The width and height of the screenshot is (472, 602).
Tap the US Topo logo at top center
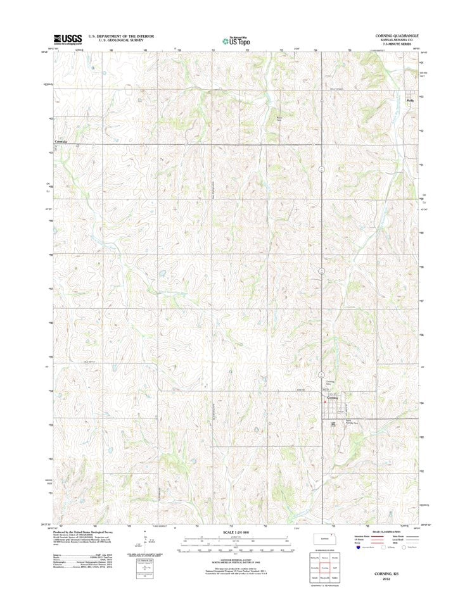tap(235, 39)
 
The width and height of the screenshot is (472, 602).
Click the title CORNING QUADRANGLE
tap(397, 35)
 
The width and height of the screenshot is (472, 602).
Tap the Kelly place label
tap(410, 99)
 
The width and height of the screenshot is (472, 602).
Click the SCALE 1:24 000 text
tap(235, 532)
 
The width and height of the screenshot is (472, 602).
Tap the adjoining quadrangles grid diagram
tap(326, 568)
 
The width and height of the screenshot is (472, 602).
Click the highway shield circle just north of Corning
tap(322, 375)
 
